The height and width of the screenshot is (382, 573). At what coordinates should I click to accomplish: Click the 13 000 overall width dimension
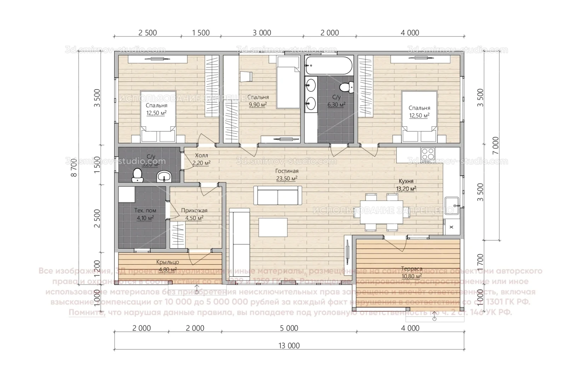(x=289, y=346)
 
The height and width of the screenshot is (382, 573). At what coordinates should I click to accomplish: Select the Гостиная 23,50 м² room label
(x=287, y=175)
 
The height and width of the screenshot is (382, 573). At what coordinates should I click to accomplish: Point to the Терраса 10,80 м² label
(x=411, y=272)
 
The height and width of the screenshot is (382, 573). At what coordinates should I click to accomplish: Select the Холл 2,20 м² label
(x=201, y=159)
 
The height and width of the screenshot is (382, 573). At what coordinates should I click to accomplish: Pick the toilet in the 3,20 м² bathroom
(x=137, y=175)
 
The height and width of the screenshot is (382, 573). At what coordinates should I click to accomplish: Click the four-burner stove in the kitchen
(x=428, y=154)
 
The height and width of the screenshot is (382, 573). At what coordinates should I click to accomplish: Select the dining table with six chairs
(x=381, y=212)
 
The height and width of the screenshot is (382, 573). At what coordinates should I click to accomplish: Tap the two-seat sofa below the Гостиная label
(x=278, y=196)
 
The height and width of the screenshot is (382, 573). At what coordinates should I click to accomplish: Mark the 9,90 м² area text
(x=258, y=104)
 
